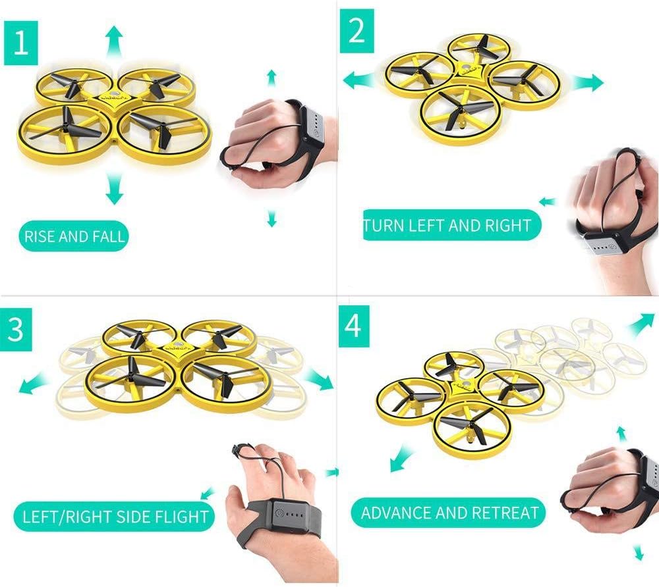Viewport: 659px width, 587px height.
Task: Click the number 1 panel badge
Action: click(21, 43)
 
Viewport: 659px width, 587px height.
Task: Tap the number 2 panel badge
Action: click(357, 31)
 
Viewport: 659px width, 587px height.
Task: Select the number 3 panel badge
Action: click(16, 330)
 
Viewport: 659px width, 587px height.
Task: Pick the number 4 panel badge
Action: click(354, 326)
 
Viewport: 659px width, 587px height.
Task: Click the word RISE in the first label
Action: click(40, 236)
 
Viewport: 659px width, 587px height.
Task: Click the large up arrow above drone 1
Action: click(114, 41)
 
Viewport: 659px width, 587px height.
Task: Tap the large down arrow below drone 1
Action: click(114, 189)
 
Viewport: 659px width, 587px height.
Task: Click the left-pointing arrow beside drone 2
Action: click(359, 80)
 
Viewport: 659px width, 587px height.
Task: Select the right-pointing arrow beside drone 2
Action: click(587, 82)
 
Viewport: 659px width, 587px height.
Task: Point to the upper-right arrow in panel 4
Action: click(641, 324)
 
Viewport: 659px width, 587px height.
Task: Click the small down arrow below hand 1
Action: click(272, 218)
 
